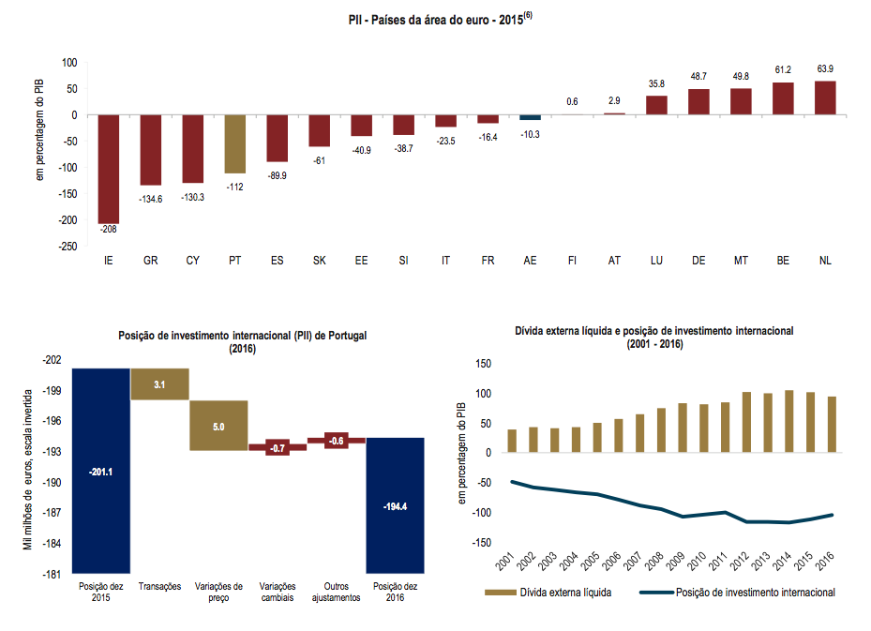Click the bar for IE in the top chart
(x=109, y=169)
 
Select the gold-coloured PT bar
(x=235, y=143)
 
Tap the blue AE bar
(x=531, y=117)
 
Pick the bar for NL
(x=825, y=98)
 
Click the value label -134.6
(x=151, y=198)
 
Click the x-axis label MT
(x=741, y=260)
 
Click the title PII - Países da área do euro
(x=436, y=17)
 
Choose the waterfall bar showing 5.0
(x=218, y=426)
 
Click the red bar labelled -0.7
(x=278, y=447)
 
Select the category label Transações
(x=159, y=586)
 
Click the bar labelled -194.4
(x=394, y=505)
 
